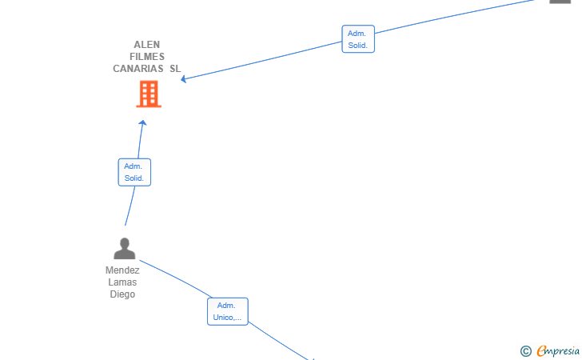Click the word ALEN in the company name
click(x=146, y=45)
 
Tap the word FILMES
click(x=147, y=57)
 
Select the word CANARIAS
click(x=138, y=68)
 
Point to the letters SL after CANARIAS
click(x=175, y=68)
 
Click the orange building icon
click(x=149, y=94)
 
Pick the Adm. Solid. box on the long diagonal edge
click(x=358, y=39)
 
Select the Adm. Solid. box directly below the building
click(x=134, y=172)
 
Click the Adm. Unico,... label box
click(x=228, y=311)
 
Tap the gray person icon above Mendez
click(x=125, y=249)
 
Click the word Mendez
click(x=122, y=270)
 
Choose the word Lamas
click(x=122, y=282)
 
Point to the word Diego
click(x=122, y=294)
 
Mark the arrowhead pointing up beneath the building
click(x=142, y=122)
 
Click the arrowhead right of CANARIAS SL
click(x=183, y=78)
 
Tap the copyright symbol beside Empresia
click(x=525, y=351)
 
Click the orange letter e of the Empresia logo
click(x=541, y=350)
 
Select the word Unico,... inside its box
click(x=227, y=318)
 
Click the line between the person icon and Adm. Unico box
click(x=177, y=278)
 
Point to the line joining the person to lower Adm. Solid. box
click(x=130, y=206)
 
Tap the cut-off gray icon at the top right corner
click(x=560, y=2)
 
